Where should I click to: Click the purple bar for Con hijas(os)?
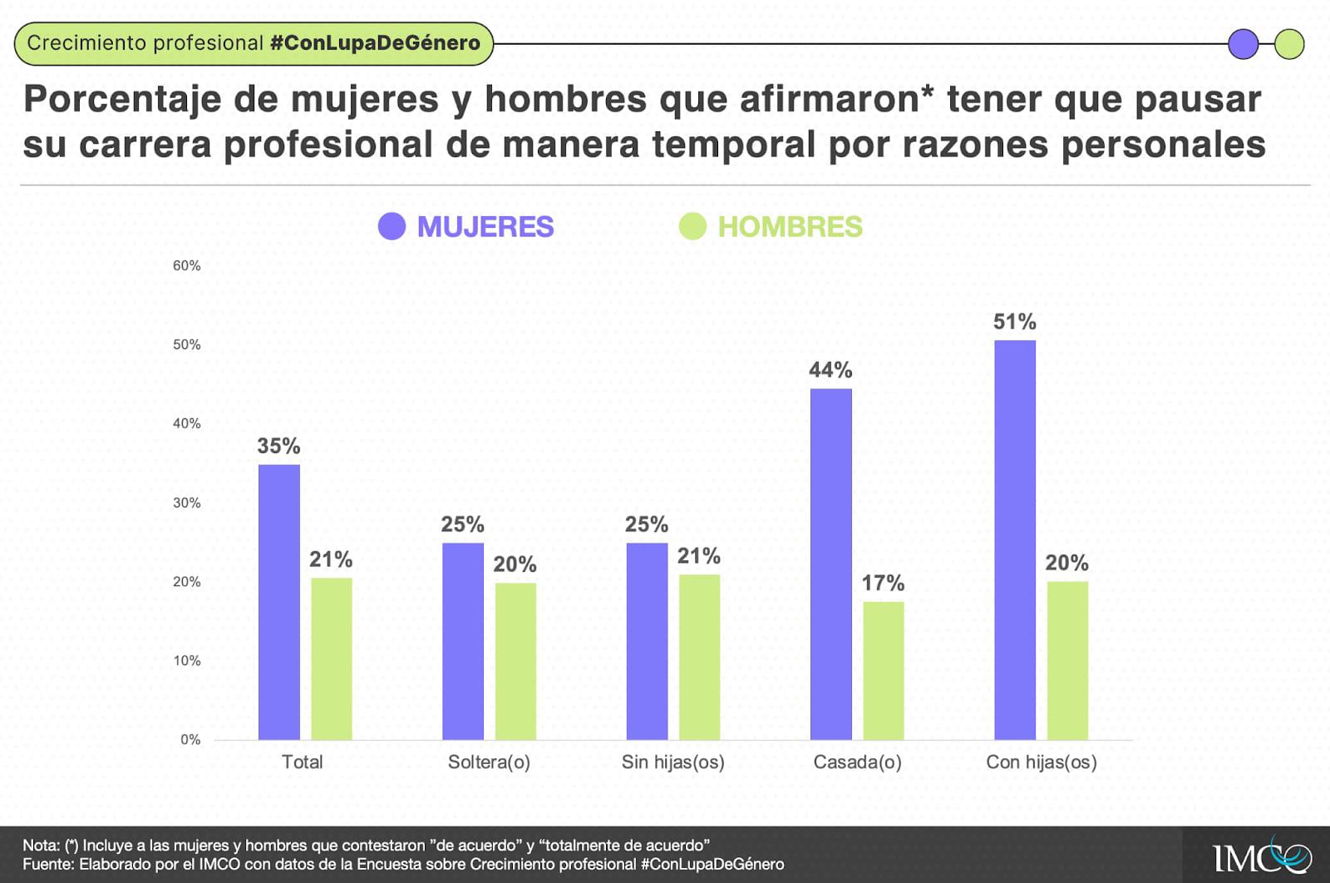[x=1015, y=540]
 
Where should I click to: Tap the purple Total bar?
[x=278, y=602]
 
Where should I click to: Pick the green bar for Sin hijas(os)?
[x=699, y=657]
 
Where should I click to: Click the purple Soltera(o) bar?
[x=462, y=641]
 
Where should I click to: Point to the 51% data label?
[x=1014, y=322]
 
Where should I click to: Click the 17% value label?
[x=883, y=583]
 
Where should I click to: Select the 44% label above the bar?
[x=830, y=370]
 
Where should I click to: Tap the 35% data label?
[x=278, y=446]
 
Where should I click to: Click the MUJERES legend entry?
[x=485, y=227]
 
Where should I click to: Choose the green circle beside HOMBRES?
[x=692, y=226]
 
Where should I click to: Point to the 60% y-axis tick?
[x=186, y=266]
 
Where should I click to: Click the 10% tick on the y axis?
[x=186, y=661]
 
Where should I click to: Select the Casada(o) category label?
[x=857, y=762]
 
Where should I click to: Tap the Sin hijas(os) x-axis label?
[x=672, y=762]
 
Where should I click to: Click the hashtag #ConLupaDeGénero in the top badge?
[x=375, y=43]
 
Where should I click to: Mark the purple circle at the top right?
[x=1243, y=44]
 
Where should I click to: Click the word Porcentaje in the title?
[x=122, y=100]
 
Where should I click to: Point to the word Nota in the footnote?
[x=40, y=846]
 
